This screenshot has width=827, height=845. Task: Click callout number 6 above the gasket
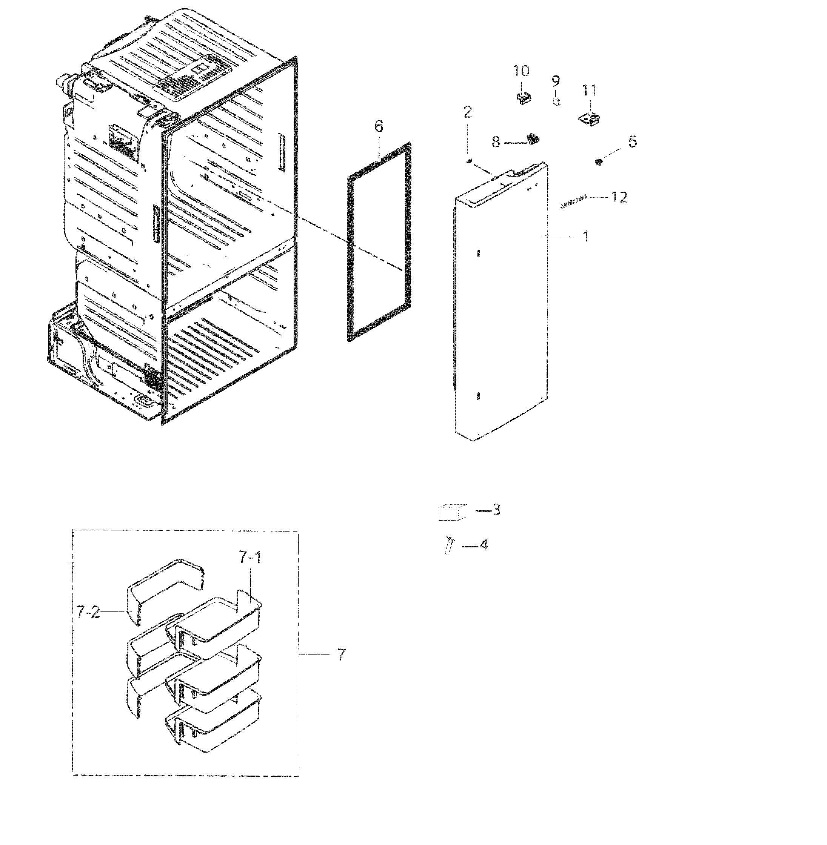click(x=379, y=127)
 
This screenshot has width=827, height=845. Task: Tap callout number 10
click(x=521, y=71)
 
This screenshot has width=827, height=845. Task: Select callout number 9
click(x=556, y=81)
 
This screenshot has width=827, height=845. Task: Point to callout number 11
click(x=590, y=91)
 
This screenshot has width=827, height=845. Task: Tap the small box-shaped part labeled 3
click(x=452, y=512)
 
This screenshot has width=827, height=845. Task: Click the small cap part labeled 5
click(x=599, y=162)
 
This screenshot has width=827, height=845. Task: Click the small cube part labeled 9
click(x=557, y=102)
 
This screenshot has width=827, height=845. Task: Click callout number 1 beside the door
click(x=585, y=237)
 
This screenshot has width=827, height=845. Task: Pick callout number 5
click(x=632, y=141)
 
